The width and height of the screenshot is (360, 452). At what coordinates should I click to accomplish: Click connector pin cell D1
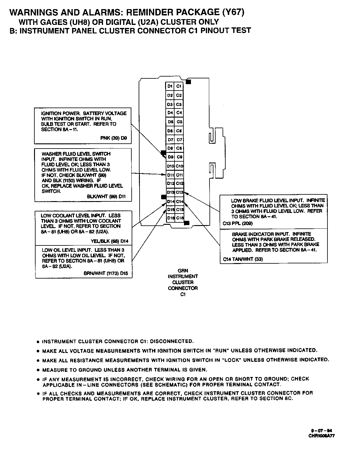170,86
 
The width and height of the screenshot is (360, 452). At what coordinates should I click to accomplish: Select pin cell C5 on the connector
179,122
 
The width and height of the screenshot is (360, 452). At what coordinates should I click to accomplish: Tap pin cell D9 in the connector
170,157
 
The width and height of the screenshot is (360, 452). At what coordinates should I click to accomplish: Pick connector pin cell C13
179,192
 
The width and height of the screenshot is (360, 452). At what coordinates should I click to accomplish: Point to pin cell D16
170,218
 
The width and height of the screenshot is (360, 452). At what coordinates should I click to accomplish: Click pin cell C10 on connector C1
179,166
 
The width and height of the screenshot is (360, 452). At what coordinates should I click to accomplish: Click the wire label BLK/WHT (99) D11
106,196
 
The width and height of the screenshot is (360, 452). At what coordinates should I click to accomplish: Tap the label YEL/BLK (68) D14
109,241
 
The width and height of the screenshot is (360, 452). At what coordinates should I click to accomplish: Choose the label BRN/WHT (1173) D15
106,273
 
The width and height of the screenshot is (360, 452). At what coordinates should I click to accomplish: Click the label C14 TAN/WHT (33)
243,259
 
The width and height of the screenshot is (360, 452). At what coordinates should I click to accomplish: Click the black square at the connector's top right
189,82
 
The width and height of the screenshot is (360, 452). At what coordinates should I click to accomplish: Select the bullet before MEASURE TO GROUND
38,370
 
